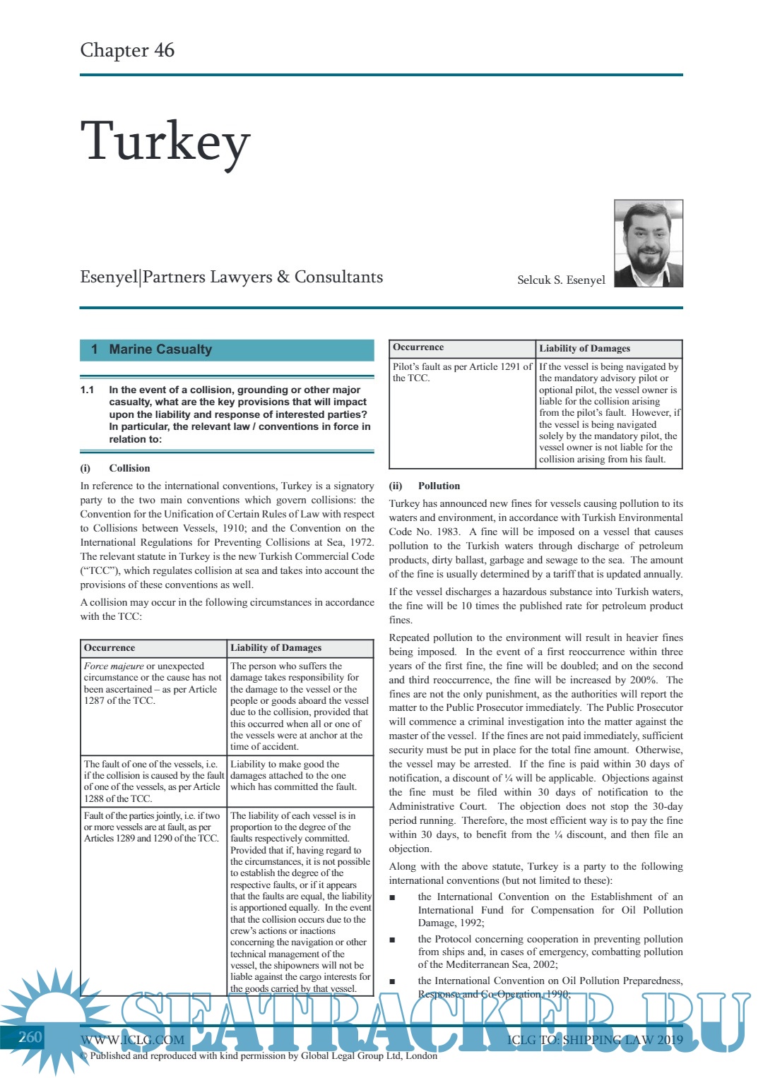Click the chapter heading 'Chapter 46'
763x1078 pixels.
pos(127,50)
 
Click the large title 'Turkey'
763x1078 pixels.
pos(165,141)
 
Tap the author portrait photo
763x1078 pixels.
pos(648,244)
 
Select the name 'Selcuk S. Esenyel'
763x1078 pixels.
pos(561,280)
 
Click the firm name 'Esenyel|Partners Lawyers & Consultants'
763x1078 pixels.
pos(231,277)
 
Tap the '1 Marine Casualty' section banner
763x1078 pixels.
pos(227,349)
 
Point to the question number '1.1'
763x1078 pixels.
pos(87,390)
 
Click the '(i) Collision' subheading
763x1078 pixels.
pos(115,468)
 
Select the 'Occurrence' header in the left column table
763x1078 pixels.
pos(110,648)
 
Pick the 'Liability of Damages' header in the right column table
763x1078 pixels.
pos(584,348)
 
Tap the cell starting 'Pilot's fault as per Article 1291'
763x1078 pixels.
pos(462,372)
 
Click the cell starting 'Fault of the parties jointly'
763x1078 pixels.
pos(152,827)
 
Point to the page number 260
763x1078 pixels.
pos(30,1037)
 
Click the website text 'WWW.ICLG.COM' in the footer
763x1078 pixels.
pos(132,1040)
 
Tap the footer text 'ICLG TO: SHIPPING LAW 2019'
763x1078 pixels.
pos(595,1040)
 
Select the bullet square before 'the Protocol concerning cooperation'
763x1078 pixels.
pos(393,940)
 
